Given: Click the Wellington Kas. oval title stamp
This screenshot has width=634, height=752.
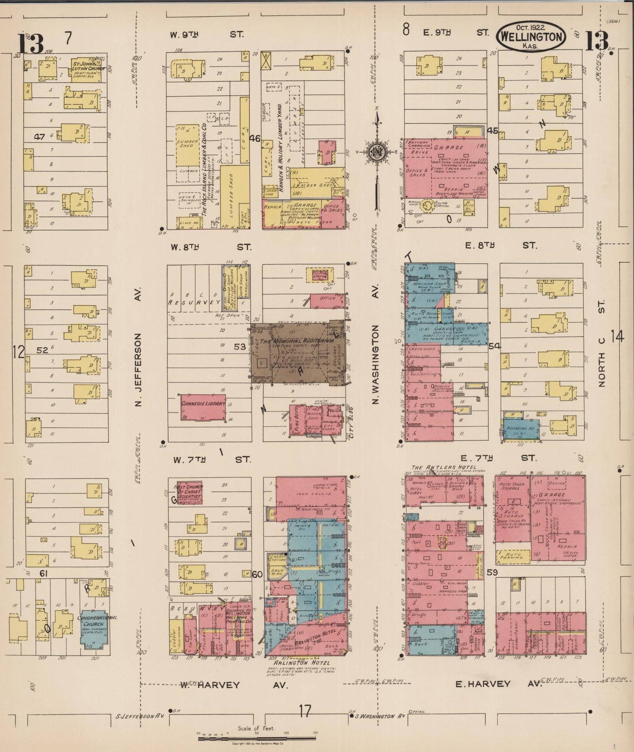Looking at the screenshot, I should click(x=531, y=37).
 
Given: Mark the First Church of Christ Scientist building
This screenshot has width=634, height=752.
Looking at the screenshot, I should click(x=189, y=492).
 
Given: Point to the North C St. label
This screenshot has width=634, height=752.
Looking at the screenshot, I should click(x=602, y=343).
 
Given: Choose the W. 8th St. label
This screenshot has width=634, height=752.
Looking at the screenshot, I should click(x=211, y=247).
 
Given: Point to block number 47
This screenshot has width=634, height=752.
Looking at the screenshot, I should click(x=40, y=137).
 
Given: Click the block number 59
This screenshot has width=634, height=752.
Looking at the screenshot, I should click(x=492, y=572).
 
